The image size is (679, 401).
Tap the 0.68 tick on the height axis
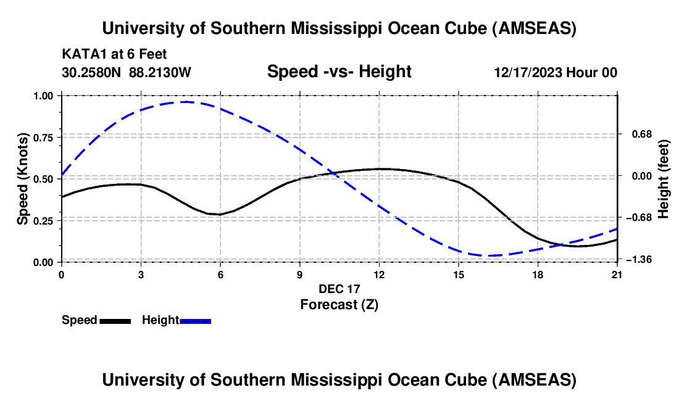pos(636,134)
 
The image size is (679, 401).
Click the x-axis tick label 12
pos(378,275)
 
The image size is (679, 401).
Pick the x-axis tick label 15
pos(458,275)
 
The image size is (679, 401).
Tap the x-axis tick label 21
pos(617,275)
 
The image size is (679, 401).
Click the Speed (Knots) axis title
pos(23,178)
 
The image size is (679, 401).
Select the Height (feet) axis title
pos(664,178)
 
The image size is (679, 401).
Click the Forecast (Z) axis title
pos(339,304)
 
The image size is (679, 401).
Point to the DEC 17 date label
pos(339,289)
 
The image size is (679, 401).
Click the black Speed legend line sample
pos(115,320)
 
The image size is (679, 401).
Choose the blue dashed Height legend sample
pos(195,320)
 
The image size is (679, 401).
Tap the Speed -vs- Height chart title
pos(339,72)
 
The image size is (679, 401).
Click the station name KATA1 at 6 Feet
pos(114,55)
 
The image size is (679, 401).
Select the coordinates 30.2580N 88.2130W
pos(127,72)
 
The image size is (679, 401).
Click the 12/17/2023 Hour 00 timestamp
pos(556,72)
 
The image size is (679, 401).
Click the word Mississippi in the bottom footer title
pos(336,380)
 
